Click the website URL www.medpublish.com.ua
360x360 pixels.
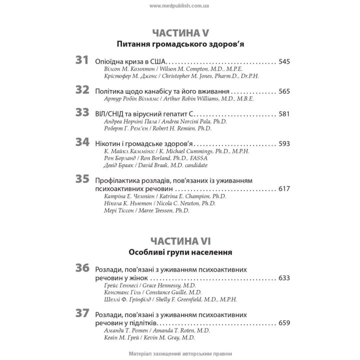(179, 5)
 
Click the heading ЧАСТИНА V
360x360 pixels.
(179, 34)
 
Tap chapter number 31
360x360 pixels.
(82, 61)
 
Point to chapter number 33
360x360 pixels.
(82, 113)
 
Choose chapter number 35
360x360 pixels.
(82, 178)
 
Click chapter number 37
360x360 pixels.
(82, 314)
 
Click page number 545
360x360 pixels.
(284, 62)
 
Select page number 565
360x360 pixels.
(284, 91)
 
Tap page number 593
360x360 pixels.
(284, 143)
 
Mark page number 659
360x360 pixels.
(284, 323)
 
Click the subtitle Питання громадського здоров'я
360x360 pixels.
(179, 44)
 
